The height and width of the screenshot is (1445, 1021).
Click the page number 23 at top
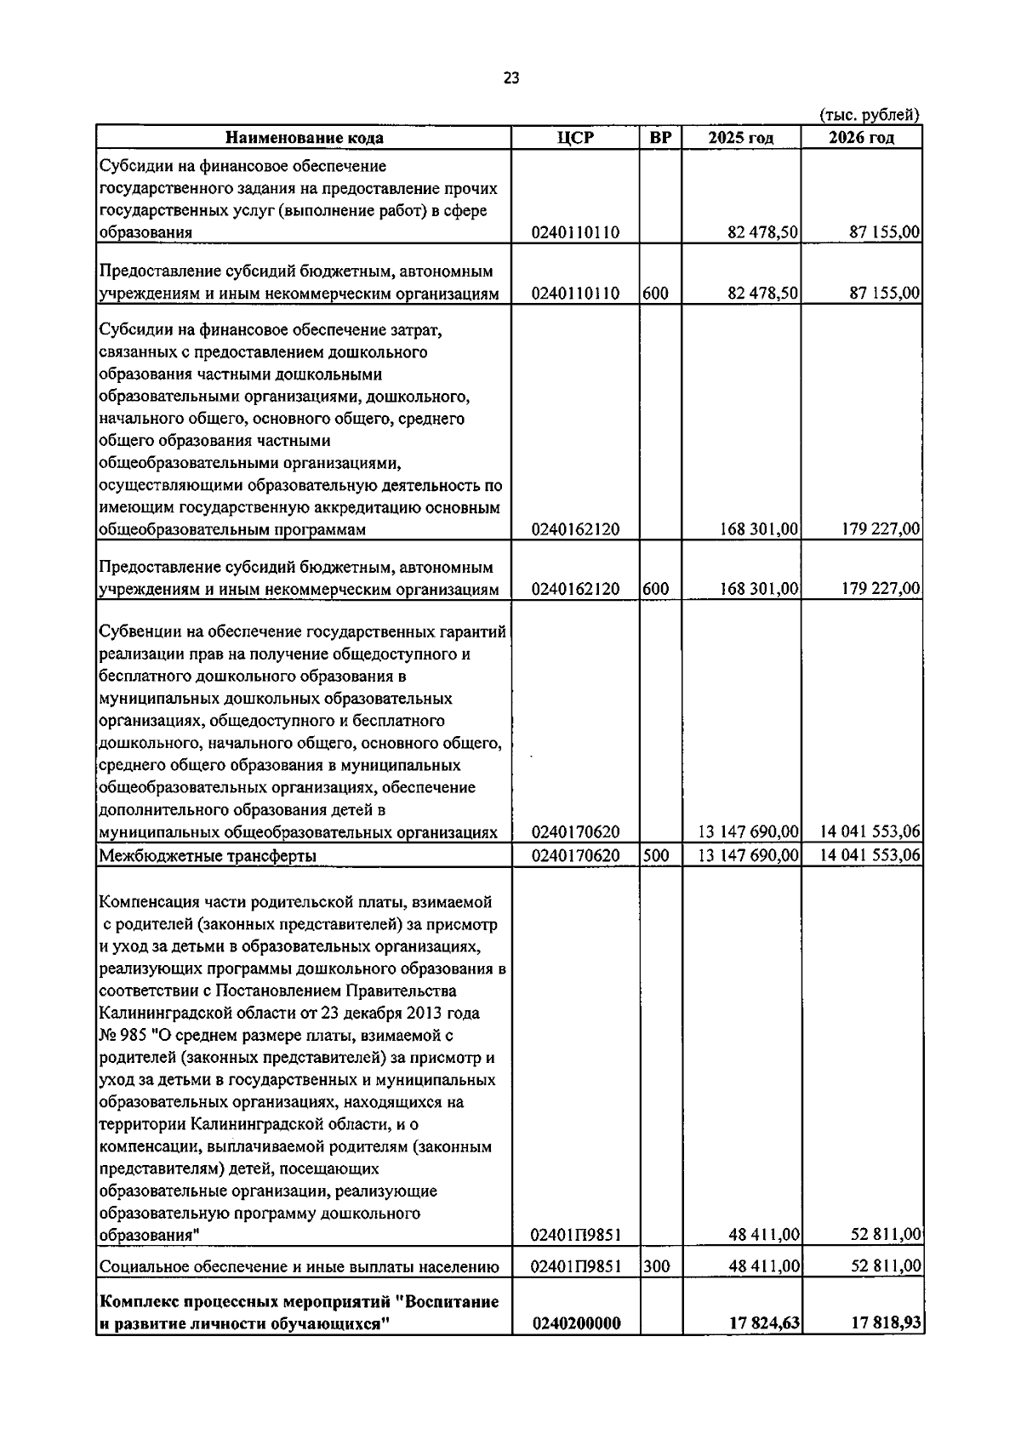pyautogui.click(x=510, y=78)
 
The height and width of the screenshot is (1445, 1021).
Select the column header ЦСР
pyautogui.click(x=575, y=138)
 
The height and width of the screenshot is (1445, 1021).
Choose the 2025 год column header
pyautogui.click(x=740, y=138)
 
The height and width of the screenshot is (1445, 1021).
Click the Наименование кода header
pyautogui.click(x=304, y=138)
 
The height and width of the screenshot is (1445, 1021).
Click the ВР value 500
pyautogui.click(x=656, y=855)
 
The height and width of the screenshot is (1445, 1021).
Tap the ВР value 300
pyautogui.click(x=656, y=1266)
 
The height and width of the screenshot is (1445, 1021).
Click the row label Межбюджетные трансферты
pyautogui.click(x=208, y=856)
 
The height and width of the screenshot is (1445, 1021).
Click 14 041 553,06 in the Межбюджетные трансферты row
pyautogui.click(x=870, y=855)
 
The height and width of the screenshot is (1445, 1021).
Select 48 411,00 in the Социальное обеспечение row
pyautogui.click(x=763, y=1266)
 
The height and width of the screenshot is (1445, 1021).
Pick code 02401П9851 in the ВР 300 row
pyautogui.click(x=575, y=1266)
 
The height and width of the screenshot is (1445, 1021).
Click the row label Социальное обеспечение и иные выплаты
pyautogui.click(x=299, y=1267)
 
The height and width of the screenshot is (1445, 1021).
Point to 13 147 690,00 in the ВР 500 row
pyautogui.click(x=749, y=855)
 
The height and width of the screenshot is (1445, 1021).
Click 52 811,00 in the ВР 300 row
pyautogui.click(x=886, y=1266)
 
